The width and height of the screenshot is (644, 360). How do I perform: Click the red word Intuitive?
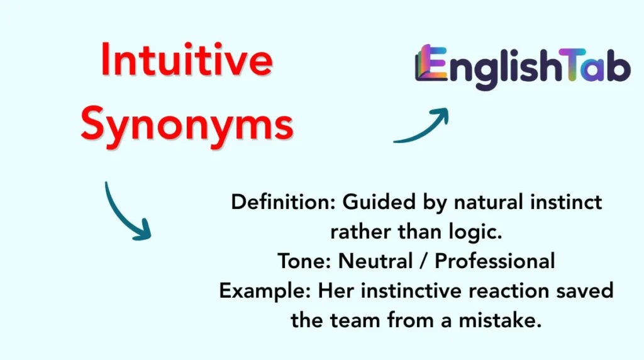(x=187, y=60)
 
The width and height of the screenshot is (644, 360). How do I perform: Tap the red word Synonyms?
(x=187, y=125)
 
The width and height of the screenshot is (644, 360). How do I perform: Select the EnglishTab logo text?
(x=523, y=67)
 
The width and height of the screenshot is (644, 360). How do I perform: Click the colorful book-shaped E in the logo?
(x=431, y=63)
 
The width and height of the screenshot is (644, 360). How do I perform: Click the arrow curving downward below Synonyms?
(x=121, y=217)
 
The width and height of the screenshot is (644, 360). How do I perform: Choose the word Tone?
(x=304, y=261)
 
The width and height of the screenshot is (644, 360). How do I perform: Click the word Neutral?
(x=375, y=261)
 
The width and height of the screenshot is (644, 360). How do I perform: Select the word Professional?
(x=495, y=261)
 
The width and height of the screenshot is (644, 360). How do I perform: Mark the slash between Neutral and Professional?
(x=423, y=262)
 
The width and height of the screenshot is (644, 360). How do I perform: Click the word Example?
(x=265, y=291)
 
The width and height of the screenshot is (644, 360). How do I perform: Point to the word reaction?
(x=509, y=291)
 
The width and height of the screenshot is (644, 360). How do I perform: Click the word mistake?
(x=500, y=320)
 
